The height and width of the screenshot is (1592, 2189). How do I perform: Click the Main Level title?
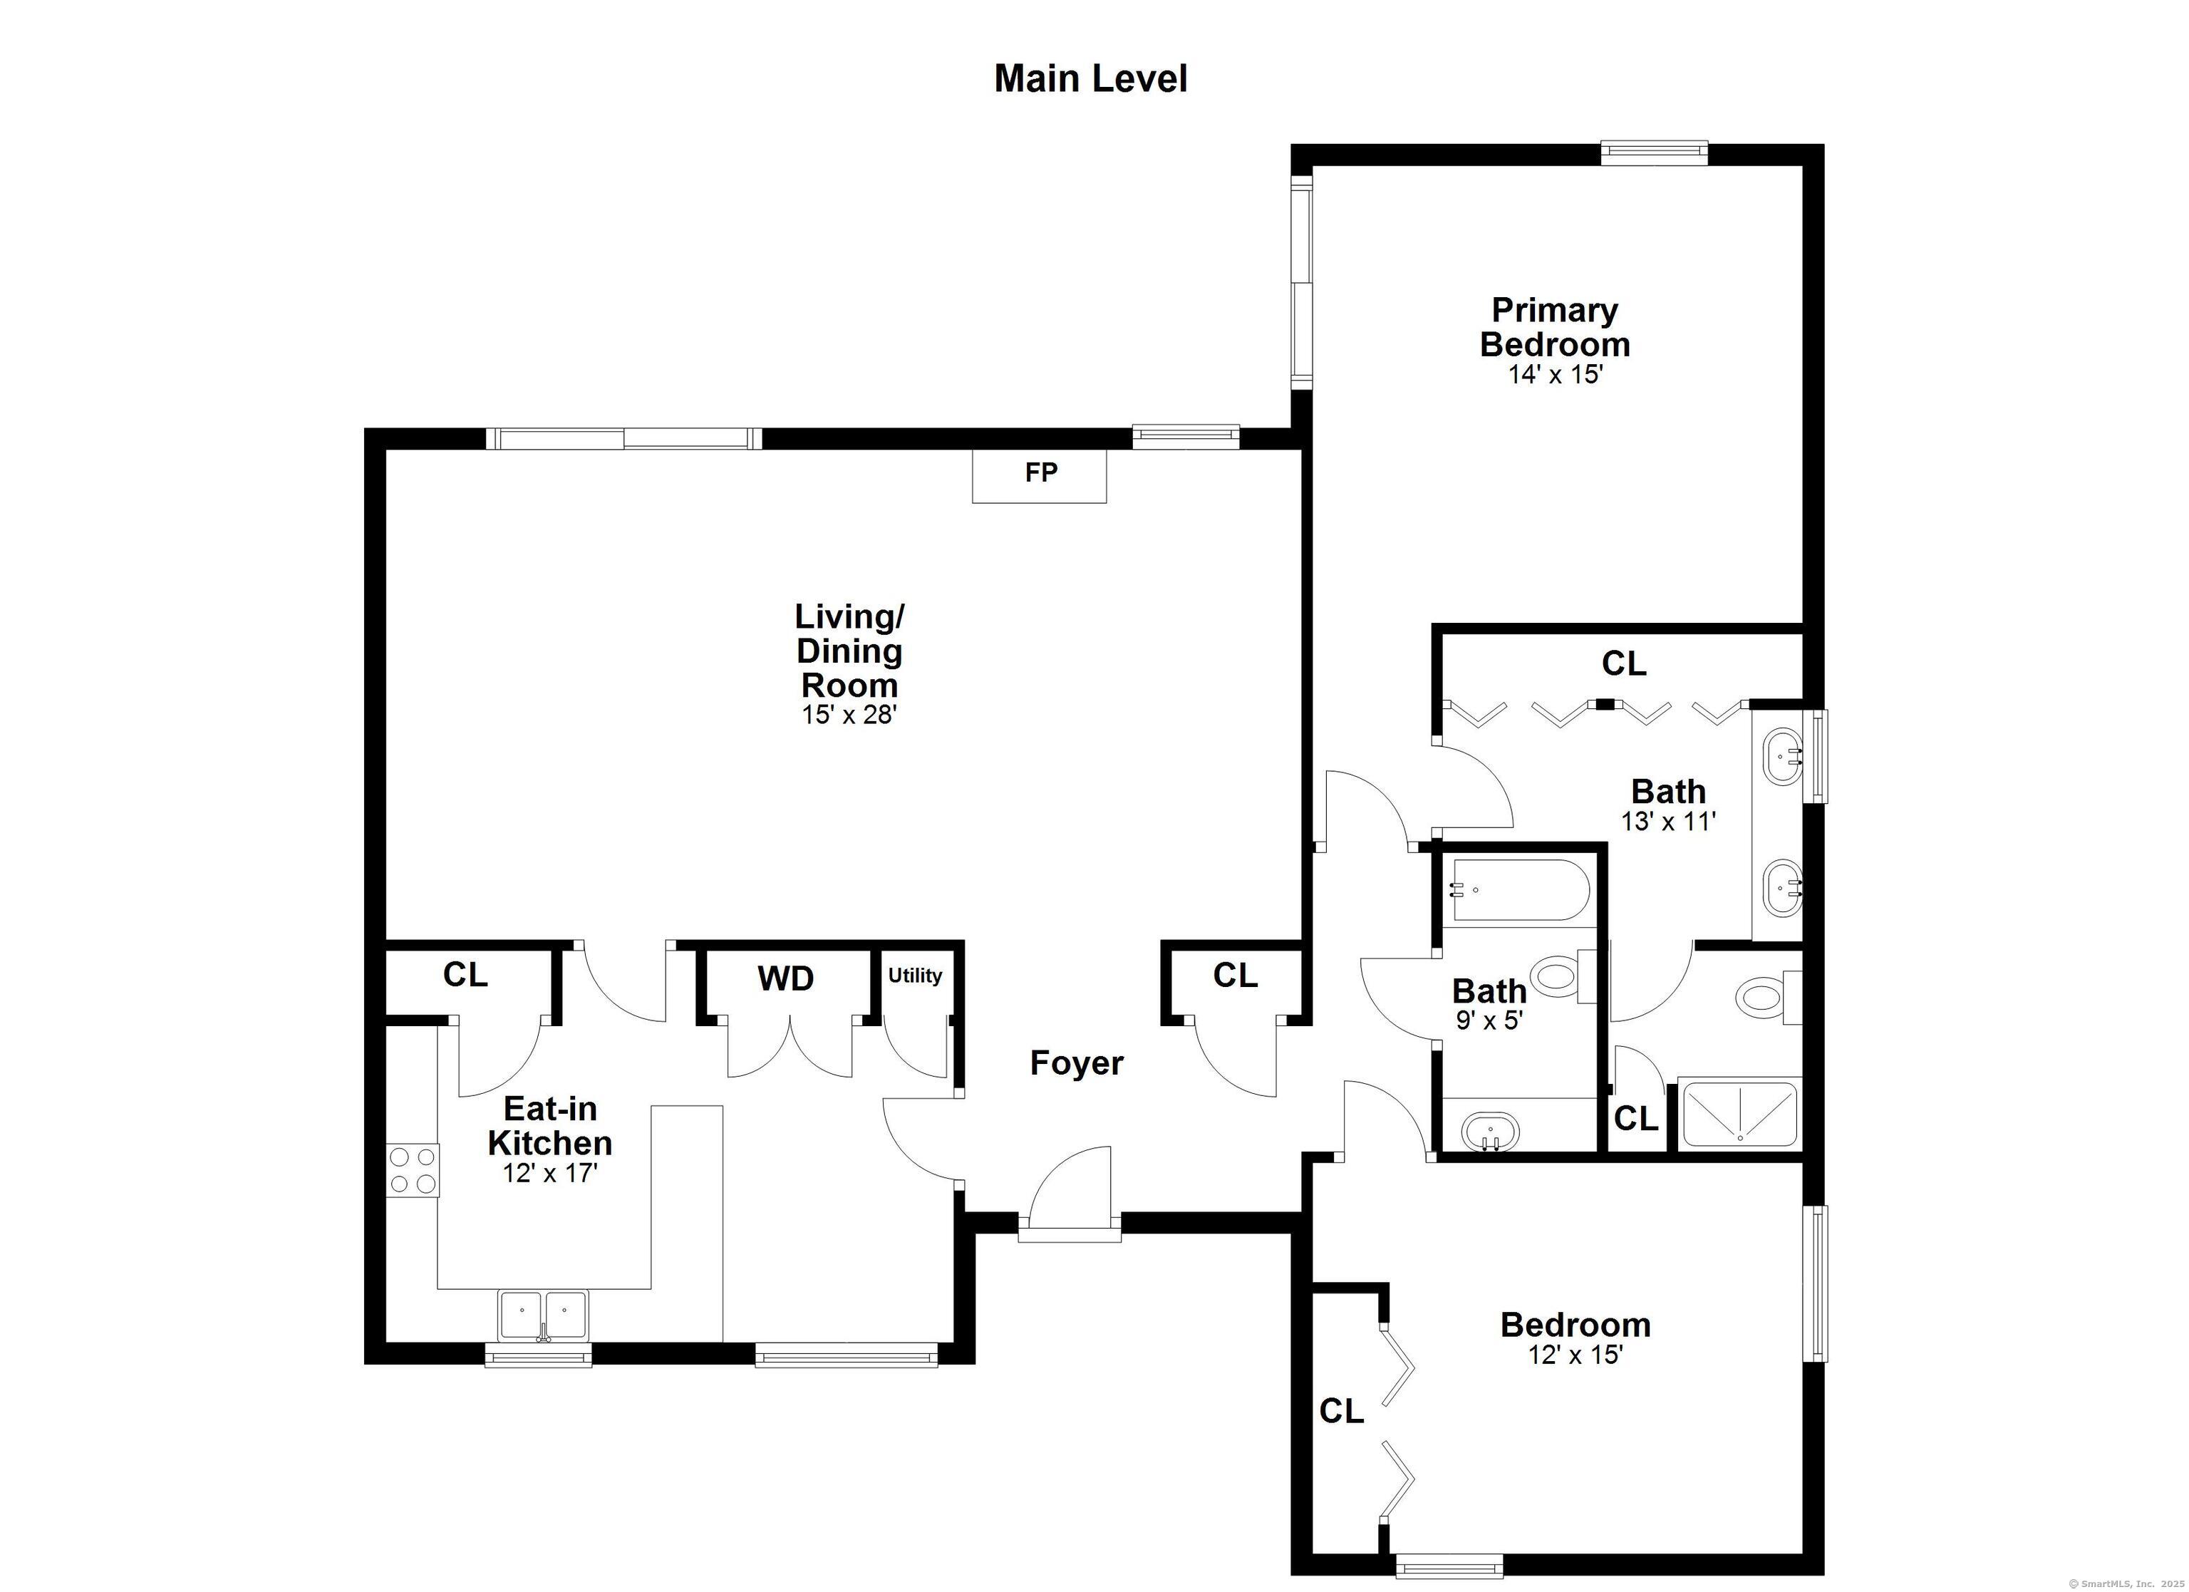(1091, 78)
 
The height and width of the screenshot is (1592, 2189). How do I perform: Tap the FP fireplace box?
(1040, 475)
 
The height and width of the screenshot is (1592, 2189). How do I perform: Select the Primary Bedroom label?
(1555, 326)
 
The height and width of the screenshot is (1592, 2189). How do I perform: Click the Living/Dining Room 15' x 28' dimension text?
(849, 715)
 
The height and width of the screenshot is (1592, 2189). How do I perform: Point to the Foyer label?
(1076, 1063)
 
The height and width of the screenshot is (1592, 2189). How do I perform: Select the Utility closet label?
(915, 975)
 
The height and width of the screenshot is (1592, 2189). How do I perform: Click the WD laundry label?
(786, 979)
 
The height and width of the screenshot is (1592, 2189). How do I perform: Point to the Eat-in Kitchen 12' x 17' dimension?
(550, 1174)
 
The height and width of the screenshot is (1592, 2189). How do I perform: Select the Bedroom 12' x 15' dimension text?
(1576, 1355)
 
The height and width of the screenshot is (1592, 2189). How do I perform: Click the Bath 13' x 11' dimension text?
(1669, 822)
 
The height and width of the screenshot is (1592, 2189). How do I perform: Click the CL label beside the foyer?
(1236, 976)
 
